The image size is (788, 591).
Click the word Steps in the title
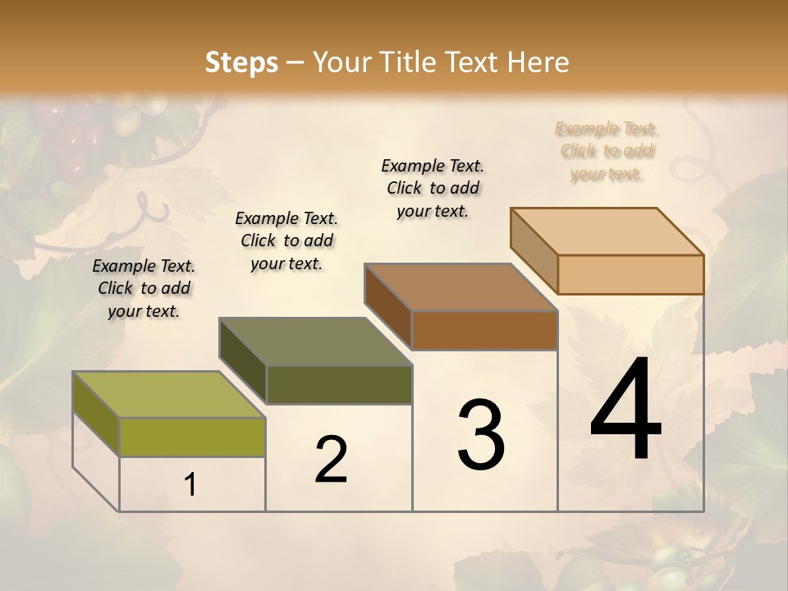241,62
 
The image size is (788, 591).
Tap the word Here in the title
538,62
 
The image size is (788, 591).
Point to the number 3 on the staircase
481,435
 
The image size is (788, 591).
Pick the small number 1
190,485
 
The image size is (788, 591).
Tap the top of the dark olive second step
316,341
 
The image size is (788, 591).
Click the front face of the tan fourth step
630,274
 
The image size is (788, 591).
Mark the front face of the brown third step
484,330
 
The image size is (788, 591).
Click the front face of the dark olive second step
339,384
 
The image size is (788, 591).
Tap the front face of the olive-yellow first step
192,437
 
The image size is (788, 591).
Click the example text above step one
144,288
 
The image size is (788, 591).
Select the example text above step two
286,241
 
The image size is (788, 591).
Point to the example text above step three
433,188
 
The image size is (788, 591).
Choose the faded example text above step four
607,151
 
